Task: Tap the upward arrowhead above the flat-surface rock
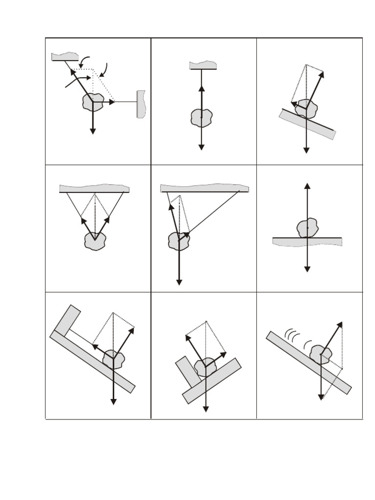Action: [x=307, y=186]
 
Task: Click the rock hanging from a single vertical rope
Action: [x=201, y=118]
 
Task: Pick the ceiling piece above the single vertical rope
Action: [x=203, y=65]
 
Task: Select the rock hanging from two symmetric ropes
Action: [x=95, y=241]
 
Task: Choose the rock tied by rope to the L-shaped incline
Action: [x=114, y=359]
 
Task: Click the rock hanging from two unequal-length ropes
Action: [x=179, y=240]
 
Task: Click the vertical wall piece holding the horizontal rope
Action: [x=142, y=104]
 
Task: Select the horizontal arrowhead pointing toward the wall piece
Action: [x=112, y=102]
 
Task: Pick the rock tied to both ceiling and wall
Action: [x=93, y=103]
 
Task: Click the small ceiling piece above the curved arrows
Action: [x=65, y=57]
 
